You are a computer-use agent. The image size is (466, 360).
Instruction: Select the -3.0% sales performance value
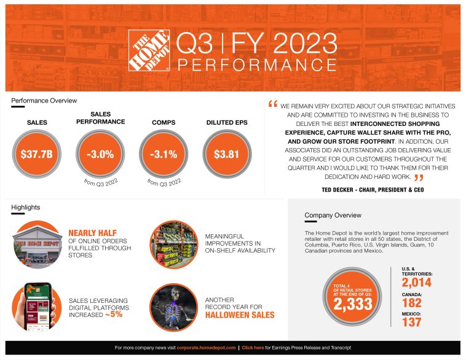tap(100, 154)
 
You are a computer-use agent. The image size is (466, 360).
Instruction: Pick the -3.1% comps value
tap(164, 154)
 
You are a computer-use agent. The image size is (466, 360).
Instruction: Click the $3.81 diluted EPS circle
tap(226, 154)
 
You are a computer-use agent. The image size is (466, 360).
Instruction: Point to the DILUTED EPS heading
tap(227, 123)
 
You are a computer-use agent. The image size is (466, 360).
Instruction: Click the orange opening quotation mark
tap(273, 104)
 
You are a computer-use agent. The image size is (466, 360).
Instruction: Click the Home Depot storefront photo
tap(36, 245)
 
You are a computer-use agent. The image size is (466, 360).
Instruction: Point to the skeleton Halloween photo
tap(173, 307)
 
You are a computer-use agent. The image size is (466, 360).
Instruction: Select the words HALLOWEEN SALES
tap(240, 315)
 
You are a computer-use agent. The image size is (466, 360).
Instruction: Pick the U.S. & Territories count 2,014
tap(417, 283)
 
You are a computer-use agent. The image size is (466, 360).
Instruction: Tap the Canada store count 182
tap(412, 302)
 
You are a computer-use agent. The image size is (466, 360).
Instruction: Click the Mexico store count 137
tap(412, 323)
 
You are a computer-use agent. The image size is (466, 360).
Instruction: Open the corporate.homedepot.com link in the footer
tap(206, 348)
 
